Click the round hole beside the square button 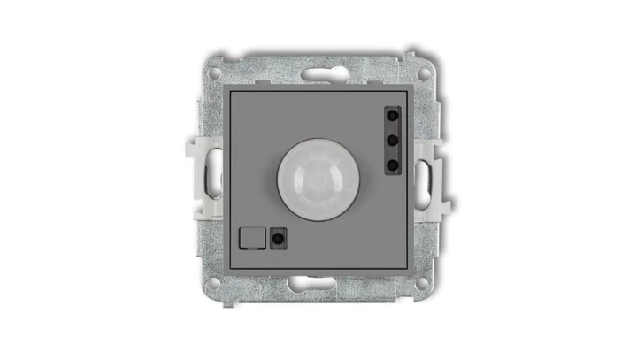click(280, 236)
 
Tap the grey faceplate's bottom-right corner click(410, 266)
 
